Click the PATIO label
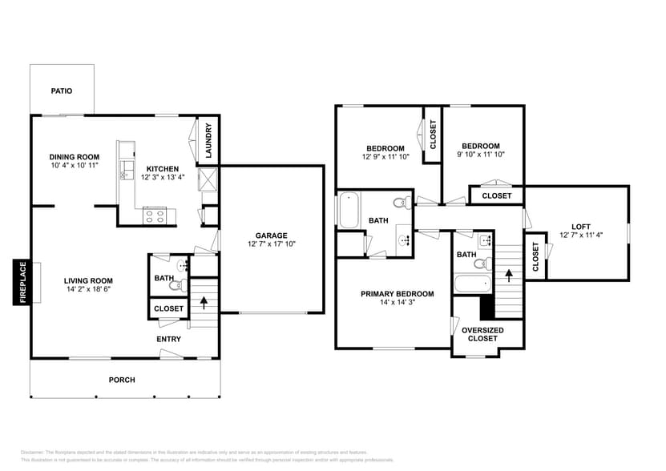click(62, 91)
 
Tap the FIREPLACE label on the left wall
click(22, 283)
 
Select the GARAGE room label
click(272, 235)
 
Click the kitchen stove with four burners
click(154, 215)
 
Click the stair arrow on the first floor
click(204, 303)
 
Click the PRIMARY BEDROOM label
click(397, 294)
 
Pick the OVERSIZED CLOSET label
click(482, 334)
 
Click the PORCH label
click(122, 380)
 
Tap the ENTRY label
click(168, 339)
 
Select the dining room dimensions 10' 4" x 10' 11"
click(74, 166)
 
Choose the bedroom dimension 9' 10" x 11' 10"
click(480, 155)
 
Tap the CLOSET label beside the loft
click(535, 256)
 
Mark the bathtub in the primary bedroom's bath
click(471, 284)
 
